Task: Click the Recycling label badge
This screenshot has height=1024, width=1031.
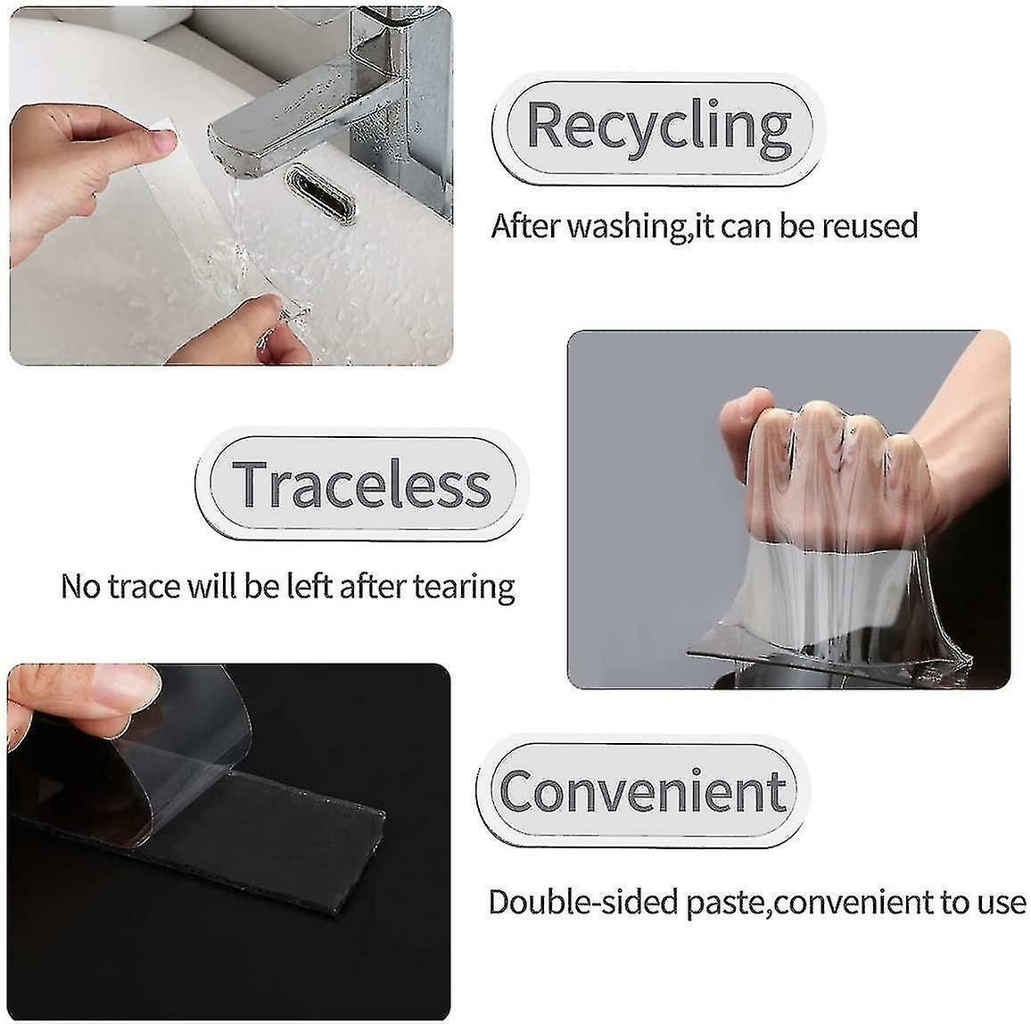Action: pos(658,126)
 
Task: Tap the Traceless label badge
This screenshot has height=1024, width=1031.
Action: pos(361,484)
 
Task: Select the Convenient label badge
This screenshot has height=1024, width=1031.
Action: pos(642,790)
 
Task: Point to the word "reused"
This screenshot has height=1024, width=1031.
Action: pos(869,226)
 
